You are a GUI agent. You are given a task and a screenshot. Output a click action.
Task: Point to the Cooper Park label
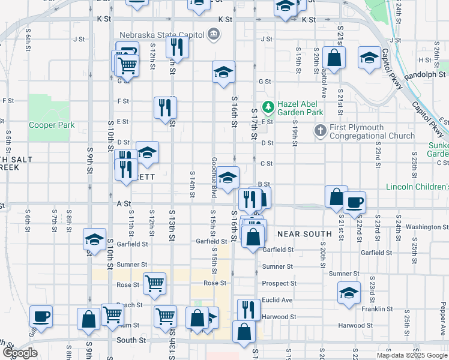(x=52, y=125)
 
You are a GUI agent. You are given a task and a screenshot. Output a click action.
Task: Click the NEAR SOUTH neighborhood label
(x=304, y=233)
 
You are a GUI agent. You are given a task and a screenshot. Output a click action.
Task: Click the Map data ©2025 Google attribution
(x=411, y=355)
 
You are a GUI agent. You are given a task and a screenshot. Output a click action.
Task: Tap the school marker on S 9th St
(x=94, y=239)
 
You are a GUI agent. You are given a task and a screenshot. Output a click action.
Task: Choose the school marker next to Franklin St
(x=348, y=292)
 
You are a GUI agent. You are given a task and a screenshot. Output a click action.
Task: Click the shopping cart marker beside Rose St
(x=155, y=283)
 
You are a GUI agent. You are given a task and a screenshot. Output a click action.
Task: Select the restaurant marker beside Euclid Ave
(x=249, y=309)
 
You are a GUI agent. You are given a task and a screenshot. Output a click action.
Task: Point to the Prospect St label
(x=279, y=283)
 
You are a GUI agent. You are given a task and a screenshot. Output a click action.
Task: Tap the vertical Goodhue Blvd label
(x=214, y=178)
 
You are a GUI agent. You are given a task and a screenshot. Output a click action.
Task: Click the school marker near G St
(x=223, y=71)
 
